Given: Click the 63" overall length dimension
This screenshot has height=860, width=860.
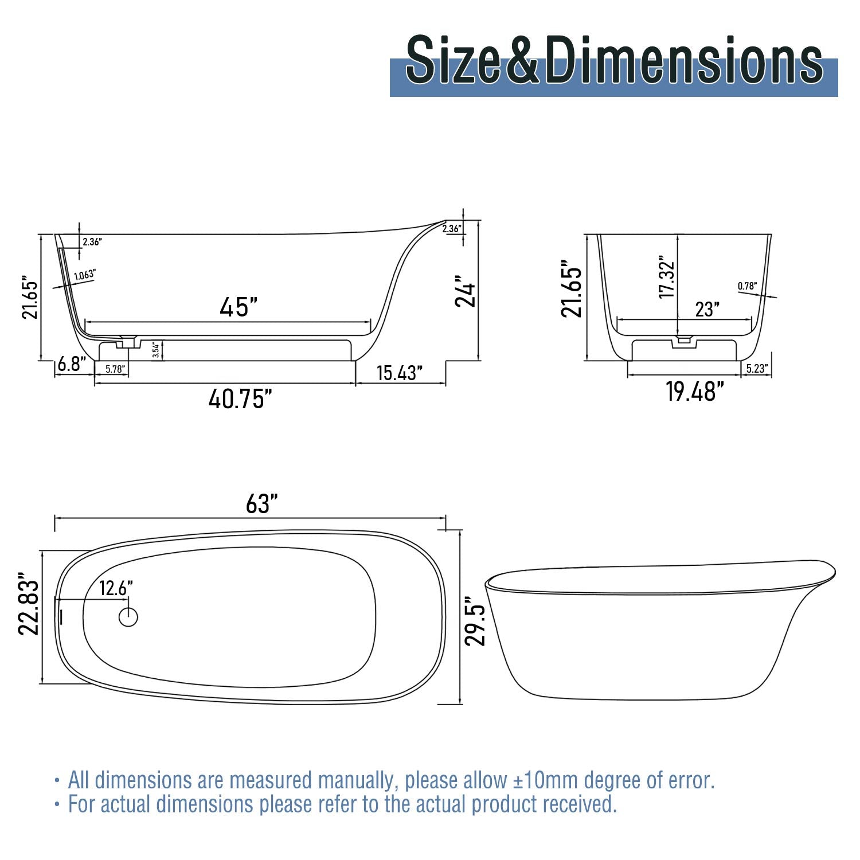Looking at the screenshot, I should [x=261, y=504].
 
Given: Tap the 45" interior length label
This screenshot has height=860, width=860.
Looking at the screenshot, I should [x=238, y=307].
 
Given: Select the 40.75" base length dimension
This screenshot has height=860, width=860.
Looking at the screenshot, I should [x=240, y=398].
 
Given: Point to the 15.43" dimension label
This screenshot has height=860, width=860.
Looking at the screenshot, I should [x=399, y=373].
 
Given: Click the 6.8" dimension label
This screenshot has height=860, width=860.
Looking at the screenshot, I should [x=72, y=363].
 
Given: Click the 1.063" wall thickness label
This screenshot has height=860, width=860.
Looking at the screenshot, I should [x=84, y=275].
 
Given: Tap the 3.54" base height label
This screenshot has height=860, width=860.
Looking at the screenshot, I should [x=155, y=350].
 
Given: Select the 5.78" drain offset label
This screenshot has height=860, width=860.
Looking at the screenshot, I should [x=115, y=369].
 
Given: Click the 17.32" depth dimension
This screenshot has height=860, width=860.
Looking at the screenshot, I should [x=667, y=277].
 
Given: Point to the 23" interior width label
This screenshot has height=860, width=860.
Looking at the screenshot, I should [x=707, y=310].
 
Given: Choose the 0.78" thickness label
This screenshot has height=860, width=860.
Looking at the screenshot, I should [x=747, y=286].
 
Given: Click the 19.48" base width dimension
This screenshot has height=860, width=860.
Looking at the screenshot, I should [x=695, y=392].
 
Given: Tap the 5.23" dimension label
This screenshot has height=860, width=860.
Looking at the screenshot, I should [x=757, y=369].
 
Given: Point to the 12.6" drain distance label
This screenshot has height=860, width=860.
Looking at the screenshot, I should [x=116, y=588].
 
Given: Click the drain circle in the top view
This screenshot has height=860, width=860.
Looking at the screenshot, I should [x=128, y=617].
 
